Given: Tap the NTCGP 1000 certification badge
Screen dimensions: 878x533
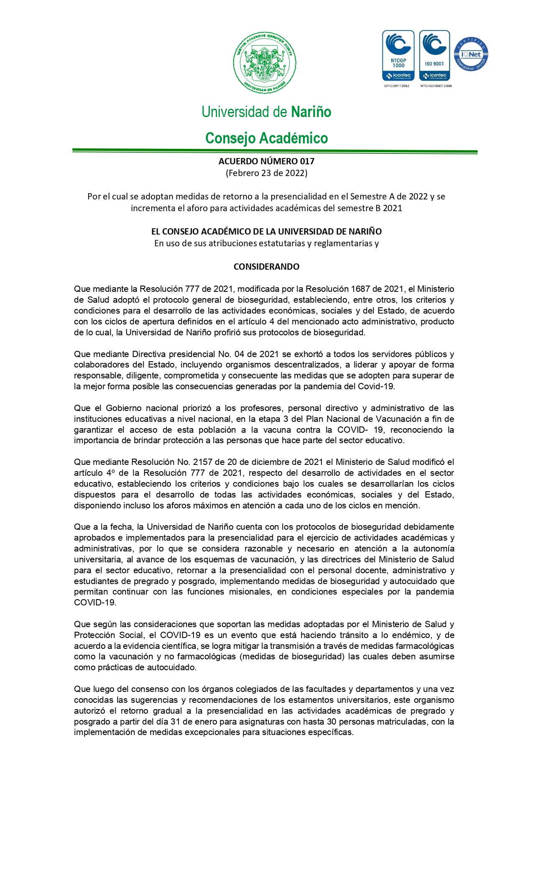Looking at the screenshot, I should click(398, 55).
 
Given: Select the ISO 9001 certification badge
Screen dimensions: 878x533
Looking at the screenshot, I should click(434, 55).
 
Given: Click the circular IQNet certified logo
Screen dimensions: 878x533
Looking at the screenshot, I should click(471, 54).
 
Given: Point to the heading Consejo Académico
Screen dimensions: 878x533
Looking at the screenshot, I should click(266, 138).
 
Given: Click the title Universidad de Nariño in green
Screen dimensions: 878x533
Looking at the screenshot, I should click(266, 112).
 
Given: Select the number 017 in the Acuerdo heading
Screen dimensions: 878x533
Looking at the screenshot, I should click(307, 161).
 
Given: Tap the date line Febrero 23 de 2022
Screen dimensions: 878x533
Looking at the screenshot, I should click(266, 173).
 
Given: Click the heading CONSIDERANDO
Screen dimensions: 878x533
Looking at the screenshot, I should click(266, 267).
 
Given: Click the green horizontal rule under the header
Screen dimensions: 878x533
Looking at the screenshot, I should click(275, 151).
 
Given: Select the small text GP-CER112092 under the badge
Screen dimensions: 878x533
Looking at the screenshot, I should click(396, 86).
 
